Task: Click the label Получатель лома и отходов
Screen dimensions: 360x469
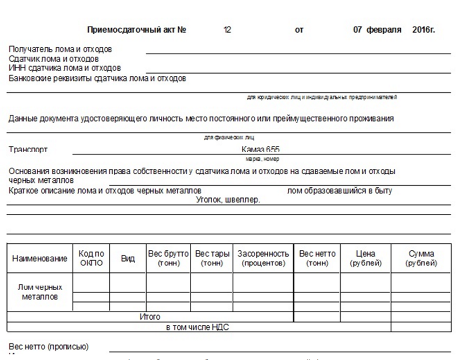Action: click(x=61, y=49)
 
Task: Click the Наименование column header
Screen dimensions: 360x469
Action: click(x=39, y=259)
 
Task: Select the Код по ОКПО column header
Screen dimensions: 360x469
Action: click(x=91, y=258)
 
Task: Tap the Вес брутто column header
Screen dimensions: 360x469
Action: click(x=168, y=258)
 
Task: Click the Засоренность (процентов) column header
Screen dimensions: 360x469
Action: click(x=263, y=258)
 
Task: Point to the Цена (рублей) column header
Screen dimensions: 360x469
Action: click(x=365, y=258)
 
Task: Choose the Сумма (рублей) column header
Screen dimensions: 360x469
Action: click(x=421, y=258)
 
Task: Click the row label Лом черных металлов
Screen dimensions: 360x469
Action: click(x=40, y=292)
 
